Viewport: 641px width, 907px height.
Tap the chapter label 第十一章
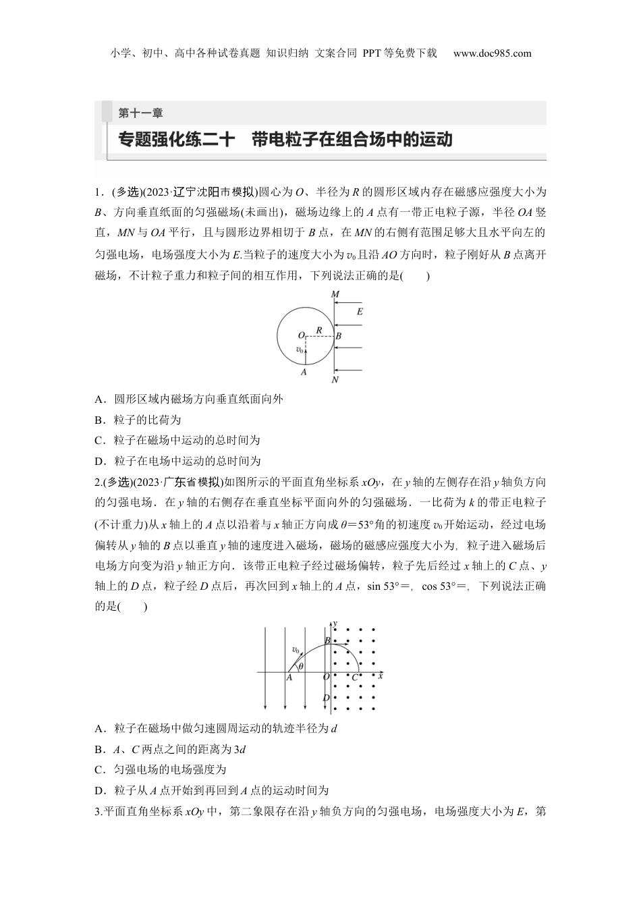pyautogui.click(x=140, y=113)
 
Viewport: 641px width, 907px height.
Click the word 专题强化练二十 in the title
pyautogui.click(x=176, y=140)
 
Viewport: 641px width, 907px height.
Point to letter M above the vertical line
pyautogui.click(x=335, y=294)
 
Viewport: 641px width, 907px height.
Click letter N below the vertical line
pyautogui.click(x=335, y=379)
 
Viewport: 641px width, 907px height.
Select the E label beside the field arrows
pyautogui.click(x=360, y=312)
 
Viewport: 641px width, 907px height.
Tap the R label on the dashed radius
pyautogui.click(x=319, y=330)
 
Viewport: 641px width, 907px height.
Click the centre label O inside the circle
pyautogui.click(x=301, y=335)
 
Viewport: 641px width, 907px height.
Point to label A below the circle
pyautogui.click(x=304, y=372)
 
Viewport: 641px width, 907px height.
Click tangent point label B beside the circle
pyautogui.click(x=339, y=335)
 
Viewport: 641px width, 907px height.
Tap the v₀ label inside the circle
pyautogui.click(x=299, y=349)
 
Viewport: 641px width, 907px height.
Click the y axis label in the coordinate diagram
pyautogui.click(x=335, y=621)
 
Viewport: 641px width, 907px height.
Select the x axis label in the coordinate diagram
pyautogui.click(x=381, y=675)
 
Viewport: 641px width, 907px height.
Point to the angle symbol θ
pyautogui.click(x=301, y=666)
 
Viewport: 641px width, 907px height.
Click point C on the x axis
pyautogui.click(x=355, y=677)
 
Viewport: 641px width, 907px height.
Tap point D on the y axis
pyautogui.click(x=326, y=697)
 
